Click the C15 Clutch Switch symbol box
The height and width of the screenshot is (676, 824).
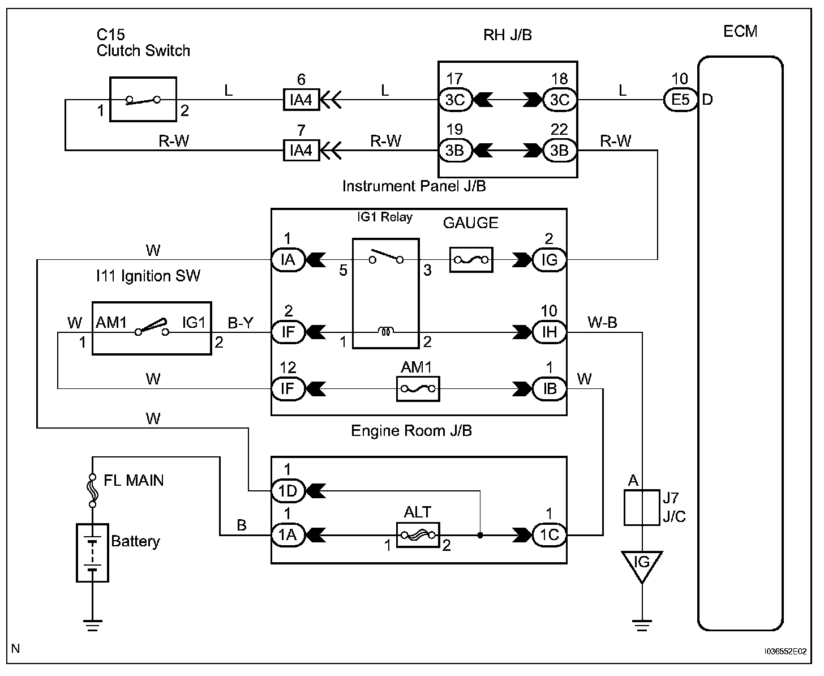143,99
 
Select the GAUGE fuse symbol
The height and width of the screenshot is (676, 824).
471,260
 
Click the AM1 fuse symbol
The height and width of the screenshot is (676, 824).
418,388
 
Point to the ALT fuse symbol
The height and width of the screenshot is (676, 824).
418,534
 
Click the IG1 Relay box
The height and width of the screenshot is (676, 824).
385,293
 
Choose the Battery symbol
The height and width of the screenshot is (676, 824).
92,552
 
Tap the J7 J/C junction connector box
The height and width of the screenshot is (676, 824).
642,507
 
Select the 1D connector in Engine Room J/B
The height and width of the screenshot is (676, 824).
288,490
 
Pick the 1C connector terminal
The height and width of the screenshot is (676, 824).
549,534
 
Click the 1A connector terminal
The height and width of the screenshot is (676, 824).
288,534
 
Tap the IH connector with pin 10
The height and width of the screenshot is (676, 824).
549,332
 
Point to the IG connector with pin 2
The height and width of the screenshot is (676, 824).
549,260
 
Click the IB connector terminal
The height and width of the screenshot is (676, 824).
549,388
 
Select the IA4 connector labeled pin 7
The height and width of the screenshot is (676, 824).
301,151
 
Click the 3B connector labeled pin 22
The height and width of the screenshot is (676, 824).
559,151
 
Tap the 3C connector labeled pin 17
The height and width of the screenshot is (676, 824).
454,100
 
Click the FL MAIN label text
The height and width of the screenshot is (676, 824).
134,481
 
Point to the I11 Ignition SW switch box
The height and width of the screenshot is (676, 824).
152,328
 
